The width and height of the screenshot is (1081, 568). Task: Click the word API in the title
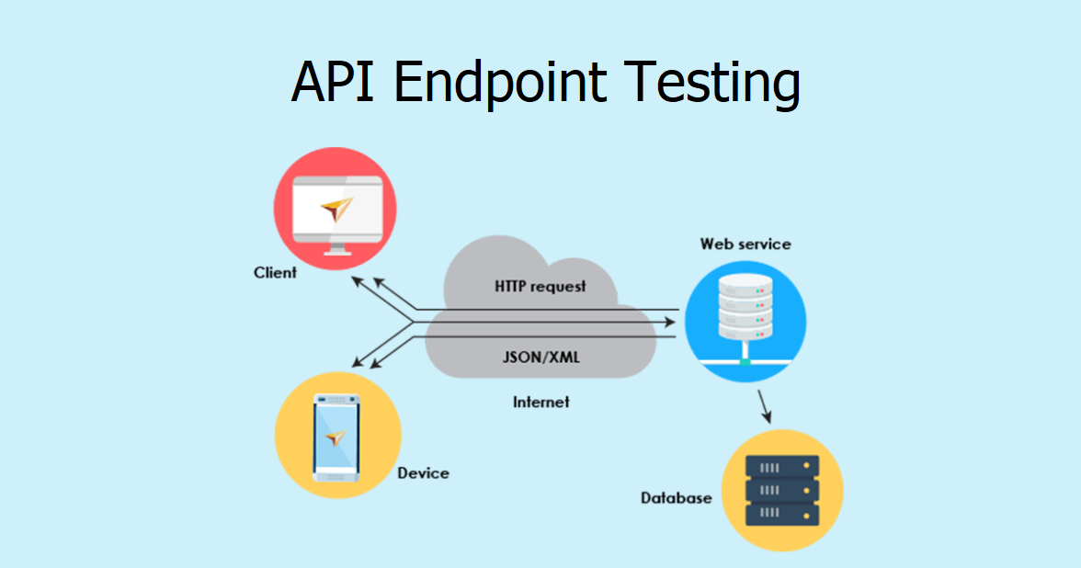coord(334,83)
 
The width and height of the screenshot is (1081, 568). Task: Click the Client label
coord(275,272)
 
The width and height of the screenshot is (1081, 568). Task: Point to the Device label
coord(423,473)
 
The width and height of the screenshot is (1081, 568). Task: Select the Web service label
coord(745,244)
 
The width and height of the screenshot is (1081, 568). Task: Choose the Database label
coord(676,498)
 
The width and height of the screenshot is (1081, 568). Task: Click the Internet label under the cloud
coord(540,402)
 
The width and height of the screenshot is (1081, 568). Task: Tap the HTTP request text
coord(540,286)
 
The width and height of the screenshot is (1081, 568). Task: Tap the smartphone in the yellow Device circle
coord(336,437)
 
